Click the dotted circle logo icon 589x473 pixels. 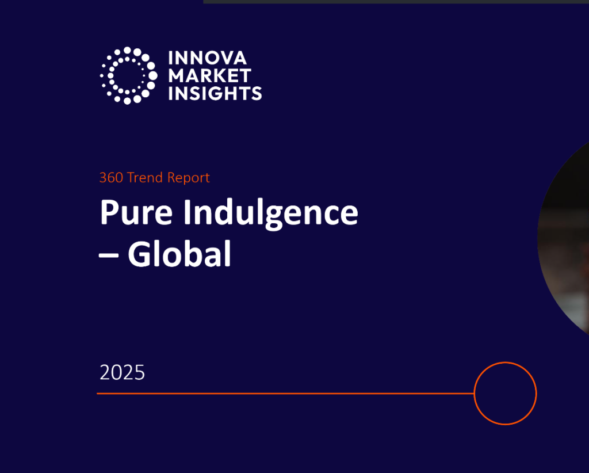[128, 75]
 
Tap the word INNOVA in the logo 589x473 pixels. [207, 58]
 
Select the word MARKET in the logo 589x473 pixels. [209, 75]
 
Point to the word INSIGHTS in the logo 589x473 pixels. [215, 93]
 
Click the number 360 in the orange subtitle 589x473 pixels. [111, 178]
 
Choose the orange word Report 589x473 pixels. [188, 178]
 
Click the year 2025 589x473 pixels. [123, 373]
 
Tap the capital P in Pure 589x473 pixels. [109, 213]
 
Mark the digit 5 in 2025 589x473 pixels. [139, 373]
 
